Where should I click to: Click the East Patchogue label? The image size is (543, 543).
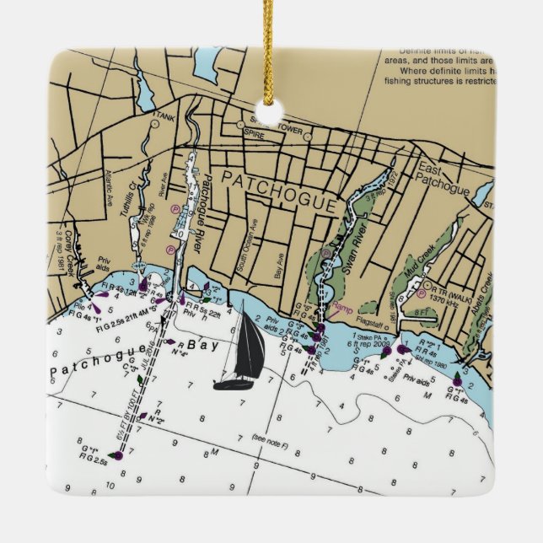point(443,179)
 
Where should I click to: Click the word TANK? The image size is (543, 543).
point(165,118)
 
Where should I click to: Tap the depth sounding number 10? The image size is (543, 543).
point(110,487)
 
